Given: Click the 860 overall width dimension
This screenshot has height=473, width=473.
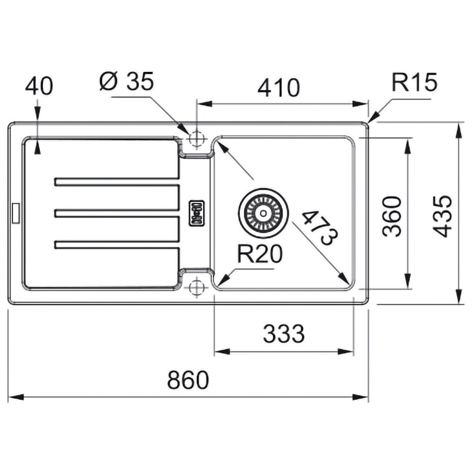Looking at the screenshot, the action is pos(188,380).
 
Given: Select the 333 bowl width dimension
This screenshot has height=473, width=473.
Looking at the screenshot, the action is pos(284,333).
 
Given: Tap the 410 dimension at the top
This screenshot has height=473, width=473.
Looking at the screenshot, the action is pos(279,88).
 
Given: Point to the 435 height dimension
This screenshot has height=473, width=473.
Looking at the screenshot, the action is pos(443,216).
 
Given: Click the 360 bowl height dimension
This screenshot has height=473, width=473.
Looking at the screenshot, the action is pos(392,216).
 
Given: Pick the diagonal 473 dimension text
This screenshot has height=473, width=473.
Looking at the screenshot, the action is pos(320,228).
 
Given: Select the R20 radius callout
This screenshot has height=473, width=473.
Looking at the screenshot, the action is pos(260,254).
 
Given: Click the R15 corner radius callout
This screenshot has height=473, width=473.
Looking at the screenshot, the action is pos(414,82).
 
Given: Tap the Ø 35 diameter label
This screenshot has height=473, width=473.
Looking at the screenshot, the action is pos(127,81).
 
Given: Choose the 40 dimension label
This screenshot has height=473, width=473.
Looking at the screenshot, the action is pos(39,86).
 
